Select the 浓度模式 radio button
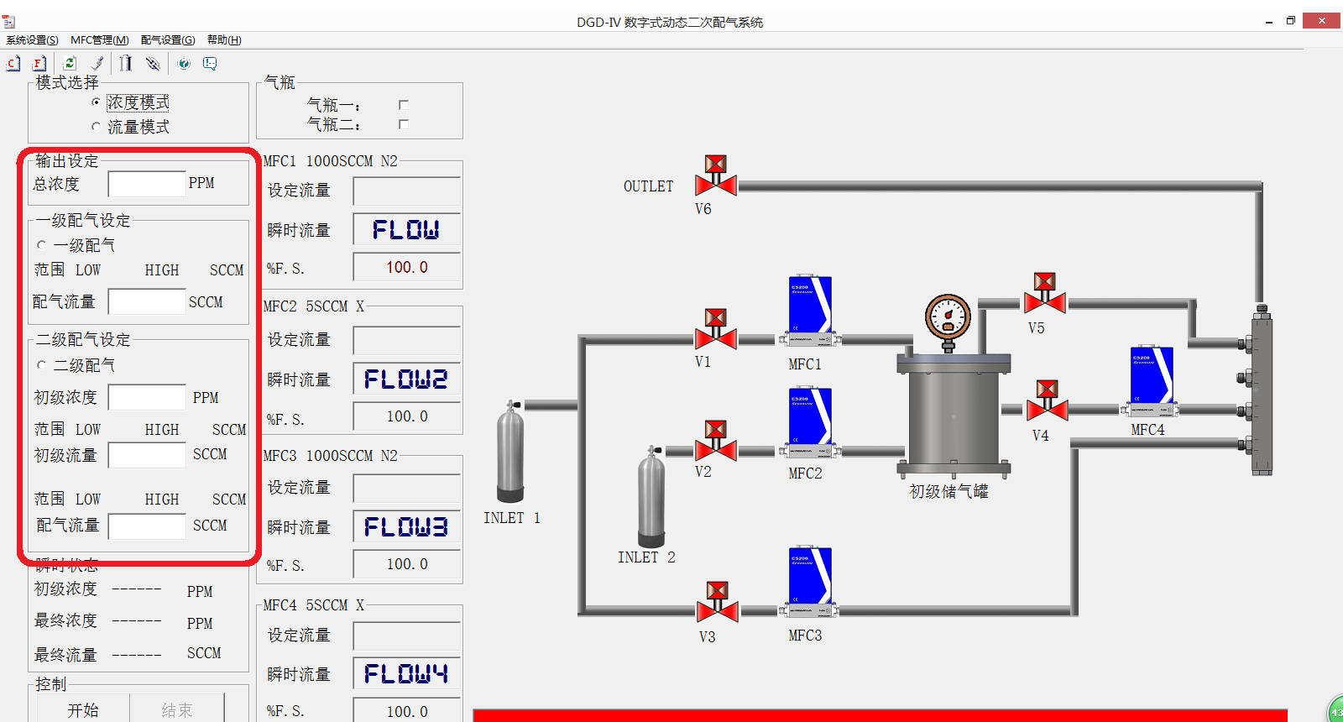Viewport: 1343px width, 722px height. pos(96,102)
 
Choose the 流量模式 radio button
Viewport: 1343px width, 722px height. pos(96,127)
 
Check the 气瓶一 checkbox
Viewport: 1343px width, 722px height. pos(404,105)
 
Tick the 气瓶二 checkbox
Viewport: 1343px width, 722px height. pos(404,124)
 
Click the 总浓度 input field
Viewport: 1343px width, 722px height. pos(146,184)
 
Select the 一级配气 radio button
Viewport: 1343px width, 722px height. pos(42,245)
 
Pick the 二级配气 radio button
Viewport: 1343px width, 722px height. pos(42,365)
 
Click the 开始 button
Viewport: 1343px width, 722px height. pos(82,710)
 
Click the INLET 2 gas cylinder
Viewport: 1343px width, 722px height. pos(651,497)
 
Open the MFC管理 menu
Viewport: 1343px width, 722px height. pos(99,40)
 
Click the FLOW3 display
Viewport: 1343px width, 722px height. pos(406,527)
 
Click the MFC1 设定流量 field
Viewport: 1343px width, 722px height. pos(406,191)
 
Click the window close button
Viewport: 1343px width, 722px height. pos(1321,21)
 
